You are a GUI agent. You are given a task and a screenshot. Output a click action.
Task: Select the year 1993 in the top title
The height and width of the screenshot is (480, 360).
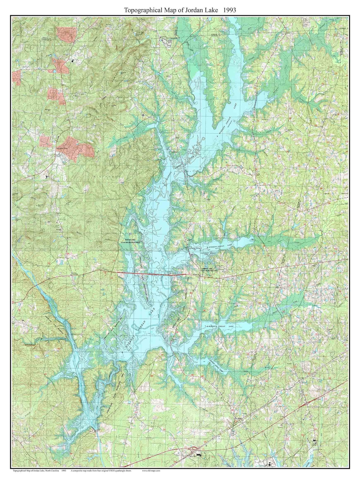(230, 10)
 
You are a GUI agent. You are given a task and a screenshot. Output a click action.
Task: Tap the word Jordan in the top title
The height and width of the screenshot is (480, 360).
(197, 10)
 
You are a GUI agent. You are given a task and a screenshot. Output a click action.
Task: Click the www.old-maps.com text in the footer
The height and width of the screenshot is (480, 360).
(152, 471)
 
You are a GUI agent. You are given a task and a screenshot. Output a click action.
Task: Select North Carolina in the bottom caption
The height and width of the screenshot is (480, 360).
(53, 471)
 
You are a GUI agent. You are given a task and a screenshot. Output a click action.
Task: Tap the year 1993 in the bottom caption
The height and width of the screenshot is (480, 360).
(64, 471)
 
